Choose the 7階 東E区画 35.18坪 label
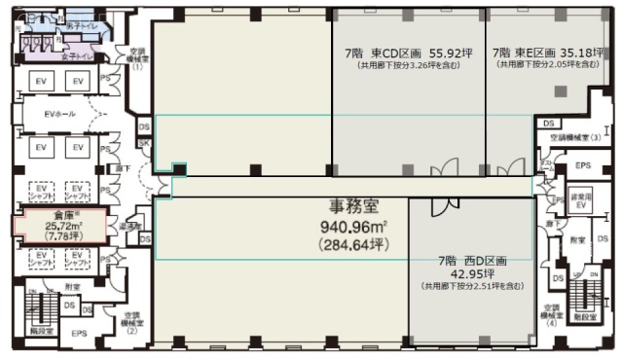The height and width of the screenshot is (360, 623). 545,53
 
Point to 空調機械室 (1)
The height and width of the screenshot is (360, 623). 137,59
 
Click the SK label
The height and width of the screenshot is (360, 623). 145,144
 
